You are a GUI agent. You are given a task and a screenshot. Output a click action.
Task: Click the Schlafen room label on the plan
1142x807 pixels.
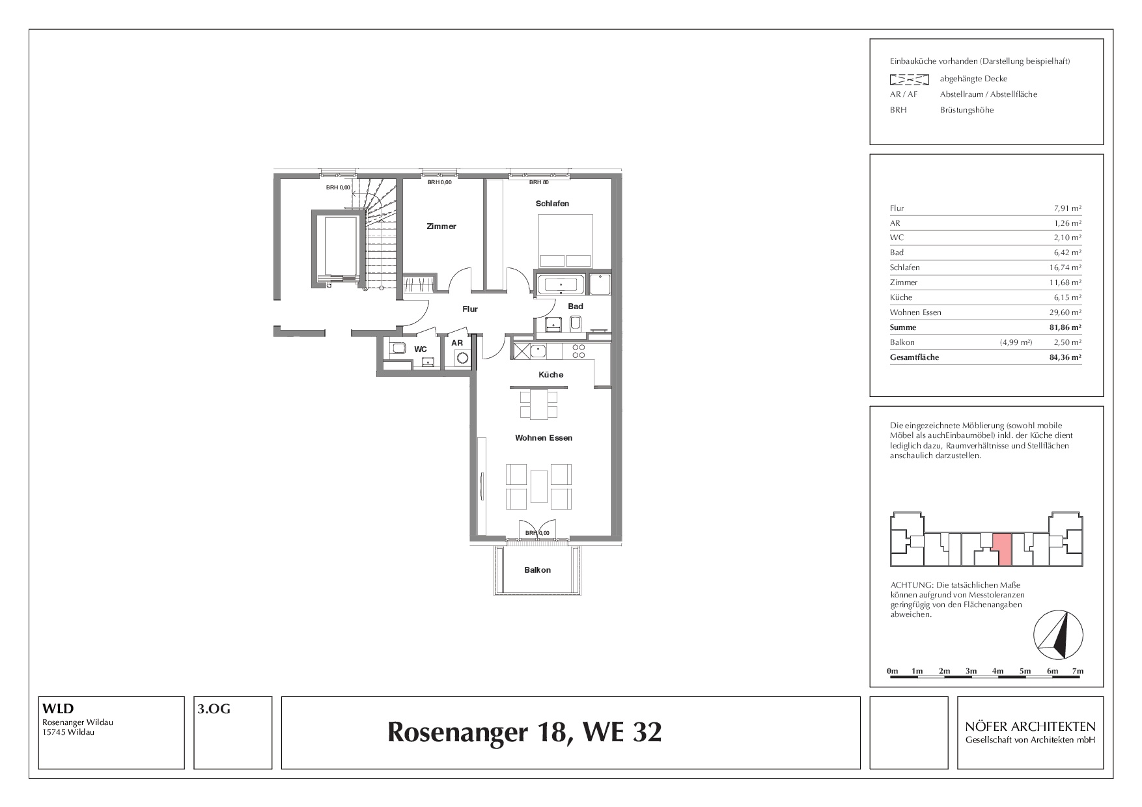552,204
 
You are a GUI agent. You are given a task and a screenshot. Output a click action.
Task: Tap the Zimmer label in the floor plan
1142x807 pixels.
441,226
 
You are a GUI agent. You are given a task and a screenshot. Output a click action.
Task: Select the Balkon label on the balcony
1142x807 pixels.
538,570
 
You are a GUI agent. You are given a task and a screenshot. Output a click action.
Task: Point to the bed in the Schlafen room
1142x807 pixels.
565,241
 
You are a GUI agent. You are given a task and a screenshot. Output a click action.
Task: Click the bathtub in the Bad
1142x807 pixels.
561,284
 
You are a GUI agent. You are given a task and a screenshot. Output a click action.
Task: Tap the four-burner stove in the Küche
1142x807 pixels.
578,351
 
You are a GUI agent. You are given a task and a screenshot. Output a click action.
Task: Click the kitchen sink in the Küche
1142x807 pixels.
538,351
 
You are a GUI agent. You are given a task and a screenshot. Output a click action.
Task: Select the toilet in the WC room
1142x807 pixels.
397,348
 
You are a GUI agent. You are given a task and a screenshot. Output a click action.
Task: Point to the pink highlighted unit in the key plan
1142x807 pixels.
1002,548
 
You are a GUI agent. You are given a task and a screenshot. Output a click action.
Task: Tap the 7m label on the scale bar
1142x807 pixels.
1078,671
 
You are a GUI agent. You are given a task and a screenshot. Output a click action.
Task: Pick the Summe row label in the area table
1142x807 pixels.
903,327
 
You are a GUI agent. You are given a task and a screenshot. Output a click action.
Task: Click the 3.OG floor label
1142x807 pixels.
214,709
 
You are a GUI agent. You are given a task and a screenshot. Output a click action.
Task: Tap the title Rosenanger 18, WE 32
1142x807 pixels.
525,732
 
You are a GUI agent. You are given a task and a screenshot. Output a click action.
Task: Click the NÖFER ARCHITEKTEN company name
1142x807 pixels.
1031,726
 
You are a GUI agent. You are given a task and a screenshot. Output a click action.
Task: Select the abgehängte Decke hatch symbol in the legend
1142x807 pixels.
909,79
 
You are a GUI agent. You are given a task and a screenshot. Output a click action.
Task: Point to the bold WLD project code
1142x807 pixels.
58,709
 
